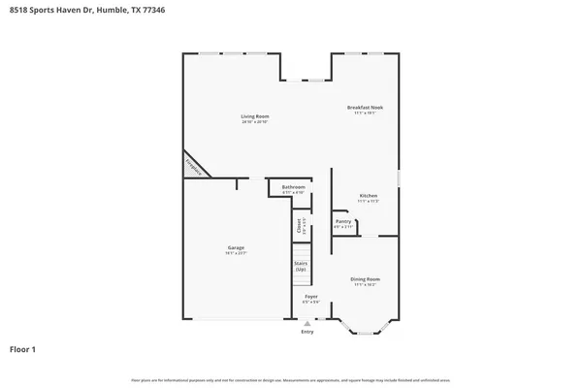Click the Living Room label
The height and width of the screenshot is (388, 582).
pos(254,117)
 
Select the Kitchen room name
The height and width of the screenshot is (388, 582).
pos(368,195)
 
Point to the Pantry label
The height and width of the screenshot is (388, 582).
pos(343,221)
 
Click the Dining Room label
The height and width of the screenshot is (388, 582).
pos(365,278)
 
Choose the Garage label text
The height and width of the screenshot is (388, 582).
pos(236,247)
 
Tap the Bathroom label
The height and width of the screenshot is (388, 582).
pos(294,186)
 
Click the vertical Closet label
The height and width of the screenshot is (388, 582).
pos(299,225)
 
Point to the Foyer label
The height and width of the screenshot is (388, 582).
pos(311,296)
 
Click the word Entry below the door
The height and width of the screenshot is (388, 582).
pos(307,332)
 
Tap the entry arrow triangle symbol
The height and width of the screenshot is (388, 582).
pos(307,324)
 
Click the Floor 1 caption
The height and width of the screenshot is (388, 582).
pos(23,348)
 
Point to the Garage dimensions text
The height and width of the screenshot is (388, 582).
pos(236,253)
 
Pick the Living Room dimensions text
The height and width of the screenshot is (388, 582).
pos(254,123)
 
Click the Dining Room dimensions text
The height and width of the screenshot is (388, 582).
pos(365,284)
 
